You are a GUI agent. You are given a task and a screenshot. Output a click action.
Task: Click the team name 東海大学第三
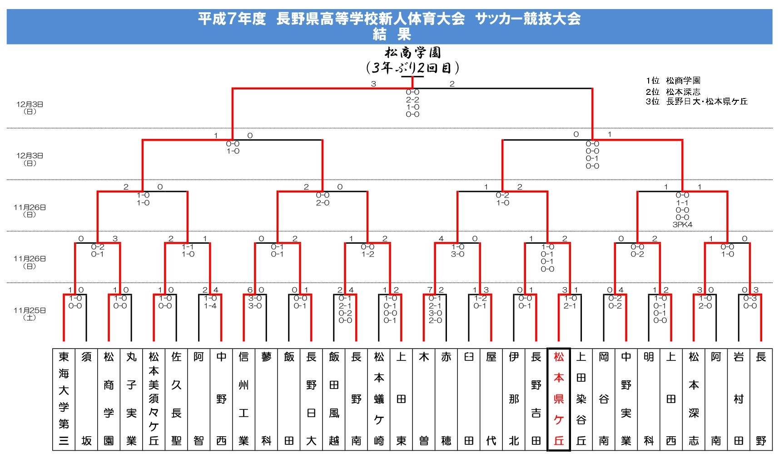tap(64, 399)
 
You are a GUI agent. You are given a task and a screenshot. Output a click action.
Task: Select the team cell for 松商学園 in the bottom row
tap(109, 399)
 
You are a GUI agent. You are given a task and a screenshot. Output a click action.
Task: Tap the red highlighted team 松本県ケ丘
tap(559, 399)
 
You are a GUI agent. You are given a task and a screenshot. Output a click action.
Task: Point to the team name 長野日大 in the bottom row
tap(311, 399)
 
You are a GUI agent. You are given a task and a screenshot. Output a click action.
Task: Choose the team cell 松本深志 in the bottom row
tap(694, 399)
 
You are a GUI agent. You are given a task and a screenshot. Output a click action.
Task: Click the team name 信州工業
tap(243, 399)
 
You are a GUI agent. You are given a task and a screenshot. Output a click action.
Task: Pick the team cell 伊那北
tap(514, 399)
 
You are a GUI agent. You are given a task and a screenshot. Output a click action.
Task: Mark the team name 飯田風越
tap(334, 399)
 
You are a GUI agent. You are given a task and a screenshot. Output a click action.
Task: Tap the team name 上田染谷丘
tap(581, 399)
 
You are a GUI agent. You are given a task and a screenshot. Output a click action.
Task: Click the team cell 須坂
tap(86, 399)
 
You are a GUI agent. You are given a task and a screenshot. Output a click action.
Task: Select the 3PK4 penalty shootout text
tap(682, 225)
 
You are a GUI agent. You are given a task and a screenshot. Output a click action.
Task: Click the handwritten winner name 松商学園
tap(412, 53)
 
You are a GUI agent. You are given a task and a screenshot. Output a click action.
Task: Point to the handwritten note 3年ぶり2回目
tap(412, 68)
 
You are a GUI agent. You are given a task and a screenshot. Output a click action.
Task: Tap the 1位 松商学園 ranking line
tap(673, 81)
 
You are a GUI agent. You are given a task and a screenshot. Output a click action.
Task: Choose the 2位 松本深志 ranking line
tap(673, 92)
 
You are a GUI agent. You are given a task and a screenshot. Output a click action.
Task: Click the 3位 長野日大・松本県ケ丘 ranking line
tap(696, 102)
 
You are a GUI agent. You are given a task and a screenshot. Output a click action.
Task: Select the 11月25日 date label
tap(30, 310)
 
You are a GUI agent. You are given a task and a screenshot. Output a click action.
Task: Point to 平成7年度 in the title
tap(232, 19)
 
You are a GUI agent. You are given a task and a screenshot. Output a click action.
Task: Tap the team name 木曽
tap(424, 399)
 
